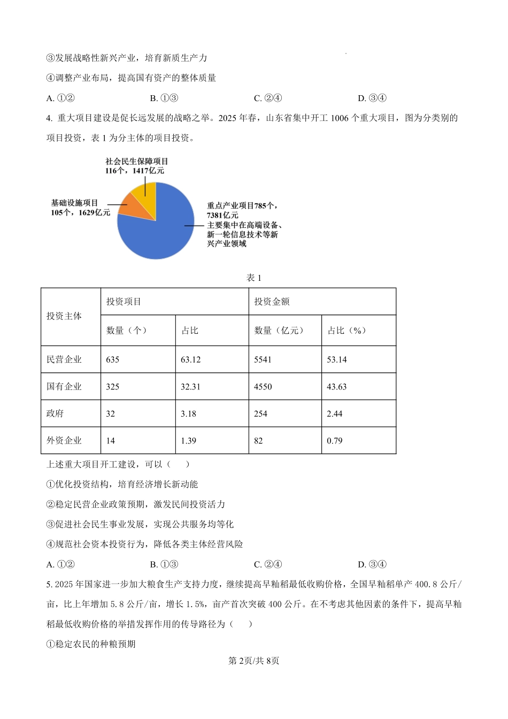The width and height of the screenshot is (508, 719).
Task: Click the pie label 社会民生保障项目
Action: coord(137,161)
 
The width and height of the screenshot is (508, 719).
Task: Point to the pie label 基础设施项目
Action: coord(75,203)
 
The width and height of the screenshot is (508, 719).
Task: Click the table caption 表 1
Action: coord(253,278)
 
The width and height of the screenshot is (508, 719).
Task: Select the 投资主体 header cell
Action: coord(64,316)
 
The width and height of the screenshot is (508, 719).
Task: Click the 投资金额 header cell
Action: coord(272,302)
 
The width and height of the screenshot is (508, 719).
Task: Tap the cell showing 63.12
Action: coord(191,359)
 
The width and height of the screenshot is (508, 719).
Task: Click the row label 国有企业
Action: coord(64,386)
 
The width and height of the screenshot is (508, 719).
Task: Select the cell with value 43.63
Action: coord(337,386)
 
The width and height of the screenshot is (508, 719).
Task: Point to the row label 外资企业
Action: coord(64,440)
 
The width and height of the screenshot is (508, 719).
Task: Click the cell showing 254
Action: coord(260,414)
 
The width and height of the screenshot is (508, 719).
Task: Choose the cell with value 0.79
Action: coord(335,440)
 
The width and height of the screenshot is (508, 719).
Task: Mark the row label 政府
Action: coord(55,414)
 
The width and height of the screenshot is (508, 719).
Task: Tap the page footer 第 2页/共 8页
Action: coord(253,661)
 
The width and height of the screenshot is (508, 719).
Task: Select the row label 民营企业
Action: coord(64,359)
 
